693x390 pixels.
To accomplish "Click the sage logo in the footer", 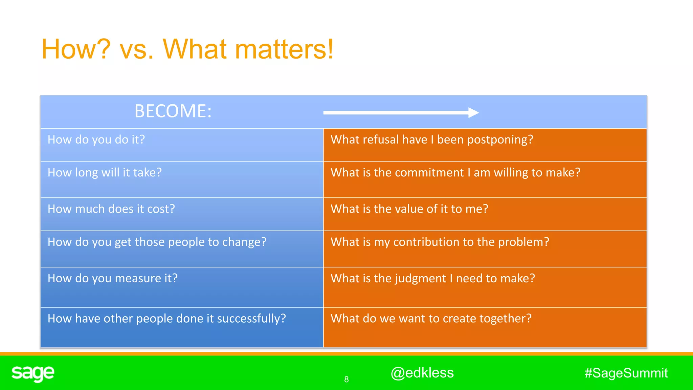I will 33,373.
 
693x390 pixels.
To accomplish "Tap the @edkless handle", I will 422,373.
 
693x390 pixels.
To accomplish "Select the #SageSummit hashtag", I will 626,373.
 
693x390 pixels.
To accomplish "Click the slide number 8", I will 346,380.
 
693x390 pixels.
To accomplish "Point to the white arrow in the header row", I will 401,112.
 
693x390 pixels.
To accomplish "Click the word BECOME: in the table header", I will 173,111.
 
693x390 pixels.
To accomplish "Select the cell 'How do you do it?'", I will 96,139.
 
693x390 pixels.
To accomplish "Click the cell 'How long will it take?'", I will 105,173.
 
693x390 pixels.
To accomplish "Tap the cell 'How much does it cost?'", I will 111,209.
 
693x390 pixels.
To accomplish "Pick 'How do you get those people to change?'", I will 157,242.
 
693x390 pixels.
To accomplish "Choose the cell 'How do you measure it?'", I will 112,278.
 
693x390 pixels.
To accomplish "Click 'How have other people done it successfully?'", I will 166,319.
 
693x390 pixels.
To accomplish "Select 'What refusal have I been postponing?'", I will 431,139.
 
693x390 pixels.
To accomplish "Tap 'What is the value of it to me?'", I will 409,209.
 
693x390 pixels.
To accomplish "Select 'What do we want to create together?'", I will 431,319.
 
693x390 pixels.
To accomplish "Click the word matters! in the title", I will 284,49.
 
